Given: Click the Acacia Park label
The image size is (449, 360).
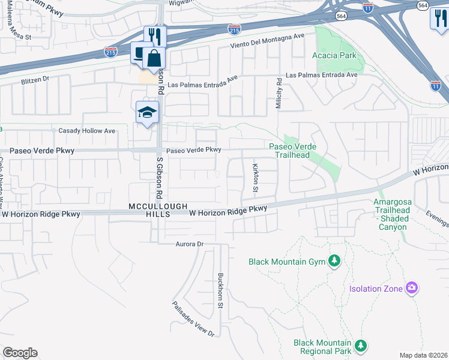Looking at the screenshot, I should pos(334,55).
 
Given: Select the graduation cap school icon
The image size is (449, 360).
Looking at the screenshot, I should pos(147,112).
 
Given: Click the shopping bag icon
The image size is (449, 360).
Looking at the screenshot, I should pos(154,58).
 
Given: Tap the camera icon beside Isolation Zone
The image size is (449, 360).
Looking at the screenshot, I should pos(411,289).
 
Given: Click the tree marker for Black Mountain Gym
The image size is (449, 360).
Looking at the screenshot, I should pos(334,261).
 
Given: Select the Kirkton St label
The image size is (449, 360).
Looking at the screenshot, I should pos(255,178).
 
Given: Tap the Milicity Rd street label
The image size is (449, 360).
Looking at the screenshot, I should pos(279,92).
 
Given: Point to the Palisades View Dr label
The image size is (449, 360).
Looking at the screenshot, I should pos(194,319).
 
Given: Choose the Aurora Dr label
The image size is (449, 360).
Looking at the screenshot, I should pos(190,244).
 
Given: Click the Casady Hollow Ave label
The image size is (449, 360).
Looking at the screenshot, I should pos(86,130).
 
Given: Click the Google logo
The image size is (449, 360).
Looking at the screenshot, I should pos(20,353).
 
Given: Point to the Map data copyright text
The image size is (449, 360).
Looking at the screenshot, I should pos(423,355).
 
